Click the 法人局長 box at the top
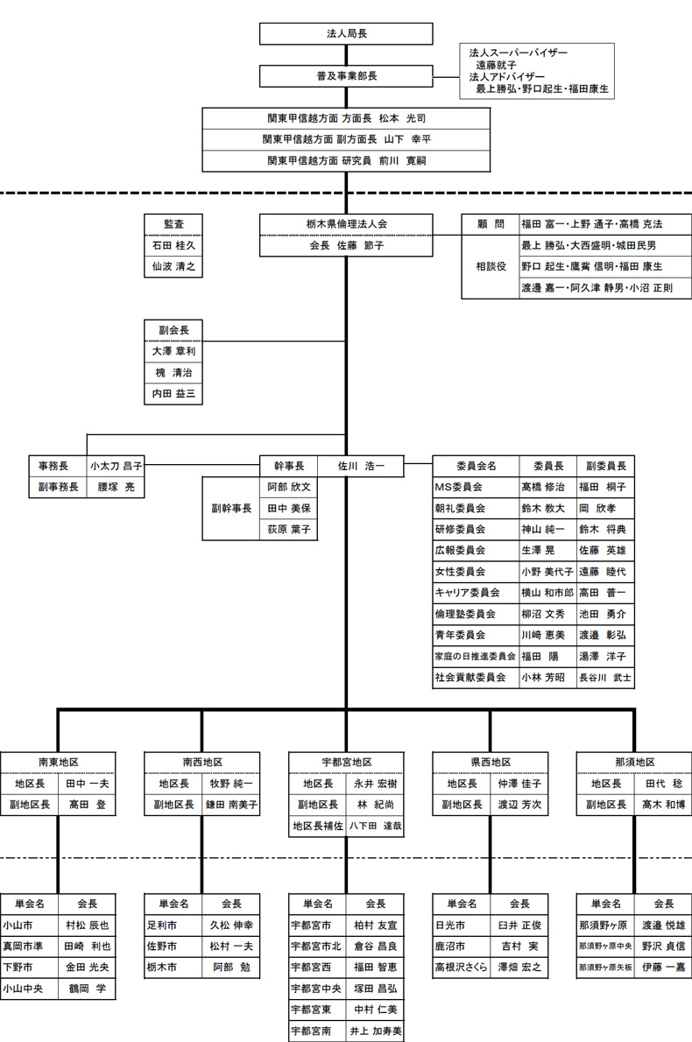[346, 34]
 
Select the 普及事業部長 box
[346, 76]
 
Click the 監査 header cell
[174, 224]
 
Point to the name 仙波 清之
[174, 266]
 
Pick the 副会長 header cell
[174, 330]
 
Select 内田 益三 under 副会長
[174, 394]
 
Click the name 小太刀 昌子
[116, 466]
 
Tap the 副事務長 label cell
[58, 487]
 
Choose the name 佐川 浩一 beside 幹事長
[361, 466]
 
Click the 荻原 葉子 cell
[288, 529]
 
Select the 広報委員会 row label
[461, 551]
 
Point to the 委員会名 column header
[476, 466]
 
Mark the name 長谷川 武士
[604, 678]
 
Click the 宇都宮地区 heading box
[346, 763]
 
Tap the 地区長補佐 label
[317, 826]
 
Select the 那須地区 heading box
[634, 763]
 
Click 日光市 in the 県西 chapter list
[451, 925]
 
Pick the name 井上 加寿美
[375, 1031]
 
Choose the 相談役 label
[491, 266]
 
